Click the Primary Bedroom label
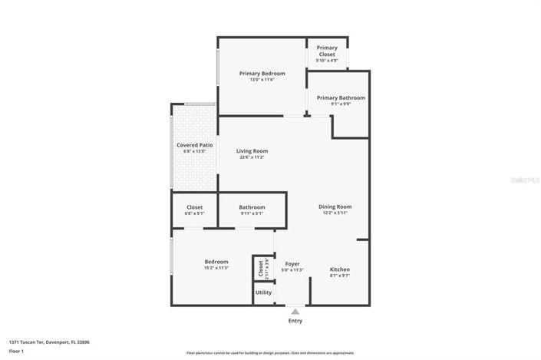tap(262, 74)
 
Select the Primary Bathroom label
tap(341, 98)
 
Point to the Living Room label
tap(252, 151)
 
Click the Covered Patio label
tap(194, 145)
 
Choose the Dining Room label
tap(335, 206)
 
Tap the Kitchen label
tap(340, 269)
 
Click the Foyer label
tap(292, 263)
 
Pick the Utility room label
tap(263, 292)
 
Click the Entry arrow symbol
tap(295, 311)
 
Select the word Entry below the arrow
tap(295, 321)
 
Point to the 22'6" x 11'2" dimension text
tap(252, 157)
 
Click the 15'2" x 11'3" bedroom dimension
tap(216, 269)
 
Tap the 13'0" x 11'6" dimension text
tap(262, 80)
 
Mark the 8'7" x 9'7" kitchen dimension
tap(340, 276)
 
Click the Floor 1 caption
tap(17, 351)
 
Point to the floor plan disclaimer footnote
tap(270, 353)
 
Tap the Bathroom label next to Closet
tap(252, 207)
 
